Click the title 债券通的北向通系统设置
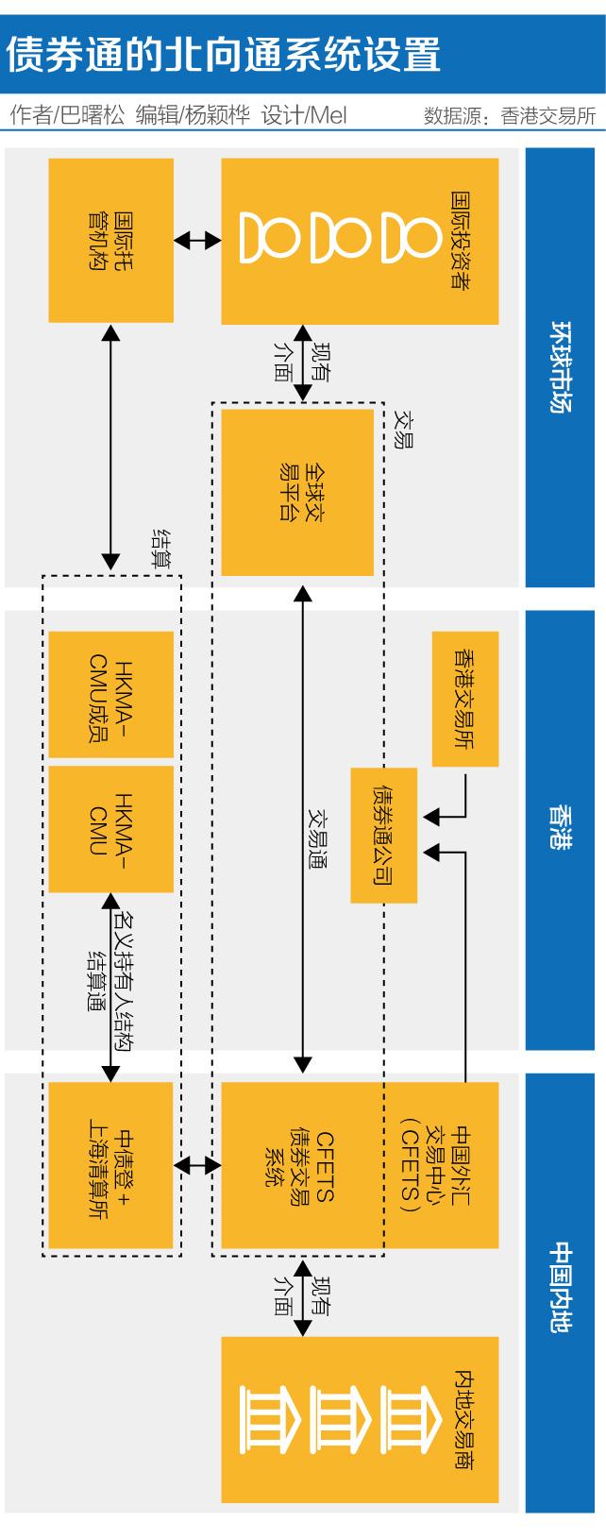pos(224,55)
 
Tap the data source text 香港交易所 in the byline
pos(548,117)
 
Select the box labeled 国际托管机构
pos(110,240)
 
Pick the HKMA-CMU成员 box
pos(110,694)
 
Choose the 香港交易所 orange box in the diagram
pos(463,699)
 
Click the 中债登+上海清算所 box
pos(110,1165)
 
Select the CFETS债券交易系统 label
pos(297,1165)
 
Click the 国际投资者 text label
pos(463,241)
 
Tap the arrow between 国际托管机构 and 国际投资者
pos(197,241)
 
